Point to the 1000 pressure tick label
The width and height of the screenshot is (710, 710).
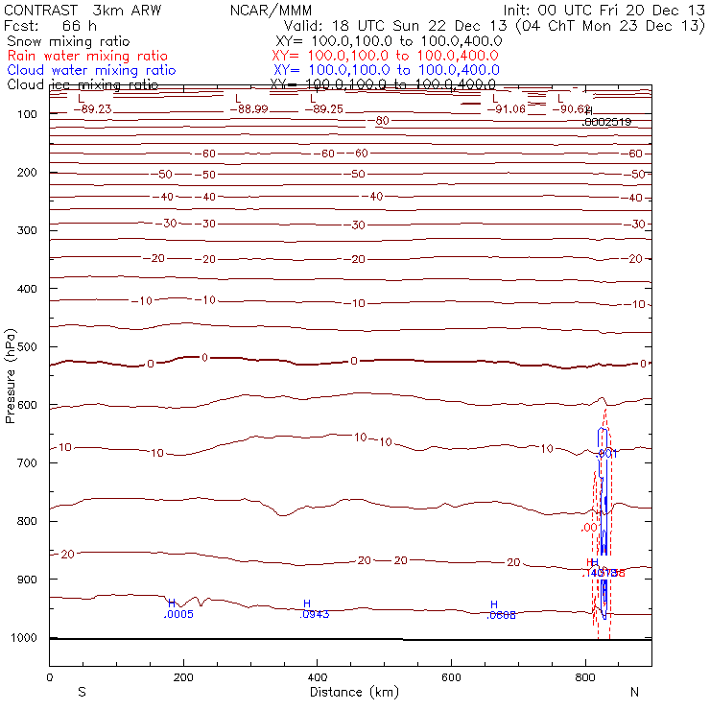(x=24, y=637)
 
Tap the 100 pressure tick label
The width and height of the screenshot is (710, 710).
(x=27, y=114)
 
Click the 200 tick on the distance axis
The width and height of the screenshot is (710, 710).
(x=183, y=676)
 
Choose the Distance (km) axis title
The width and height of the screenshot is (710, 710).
(x=349, y=692)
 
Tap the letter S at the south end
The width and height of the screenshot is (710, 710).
(x=82, y=692)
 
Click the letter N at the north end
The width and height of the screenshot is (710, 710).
(x=634, y=692)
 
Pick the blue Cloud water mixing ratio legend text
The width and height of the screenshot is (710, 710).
(x=91, y=70)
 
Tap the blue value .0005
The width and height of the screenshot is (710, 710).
(x=178, y=614)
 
